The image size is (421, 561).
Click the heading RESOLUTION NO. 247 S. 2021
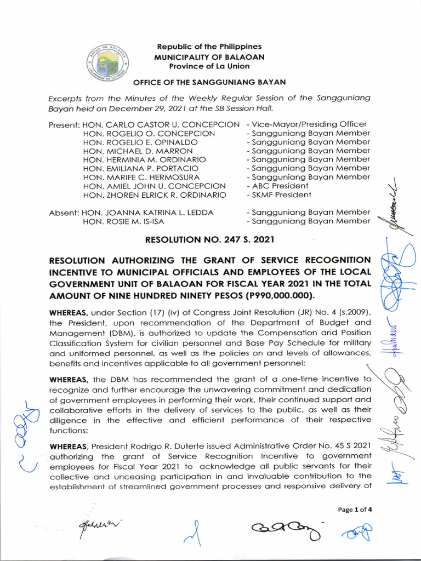click(209, 239)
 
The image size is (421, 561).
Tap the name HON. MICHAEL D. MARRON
click(138, 151)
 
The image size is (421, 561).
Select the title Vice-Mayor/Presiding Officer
click(306, 124)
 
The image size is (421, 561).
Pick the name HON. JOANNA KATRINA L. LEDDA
click(148, 212)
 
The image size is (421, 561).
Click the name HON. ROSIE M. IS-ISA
click(123, 221)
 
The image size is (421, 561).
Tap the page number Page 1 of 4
click(355, 509)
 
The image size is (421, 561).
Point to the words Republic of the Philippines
click(209, 47)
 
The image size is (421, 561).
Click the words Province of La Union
click(209, 66)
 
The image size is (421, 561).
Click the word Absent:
click(64, 212)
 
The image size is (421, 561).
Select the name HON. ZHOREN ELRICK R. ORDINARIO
click(154, 194)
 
